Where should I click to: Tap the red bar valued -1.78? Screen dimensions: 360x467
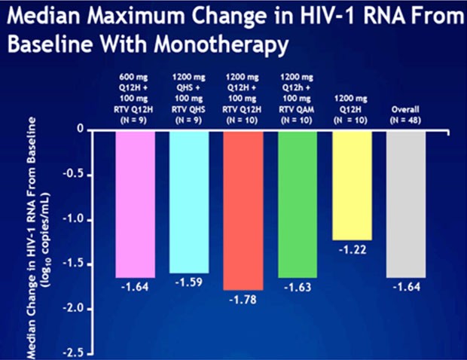[243, 209]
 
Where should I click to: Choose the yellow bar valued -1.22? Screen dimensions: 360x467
[352, 185]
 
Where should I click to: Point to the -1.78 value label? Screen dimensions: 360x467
[243, 300]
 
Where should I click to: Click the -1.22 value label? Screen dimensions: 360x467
[352, 250]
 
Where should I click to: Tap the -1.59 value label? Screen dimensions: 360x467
[188, 282]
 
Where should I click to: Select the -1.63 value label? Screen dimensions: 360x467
[297, 287]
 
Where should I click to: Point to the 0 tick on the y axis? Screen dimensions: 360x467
[79, 130]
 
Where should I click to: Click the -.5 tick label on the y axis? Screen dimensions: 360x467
[72, 175]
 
